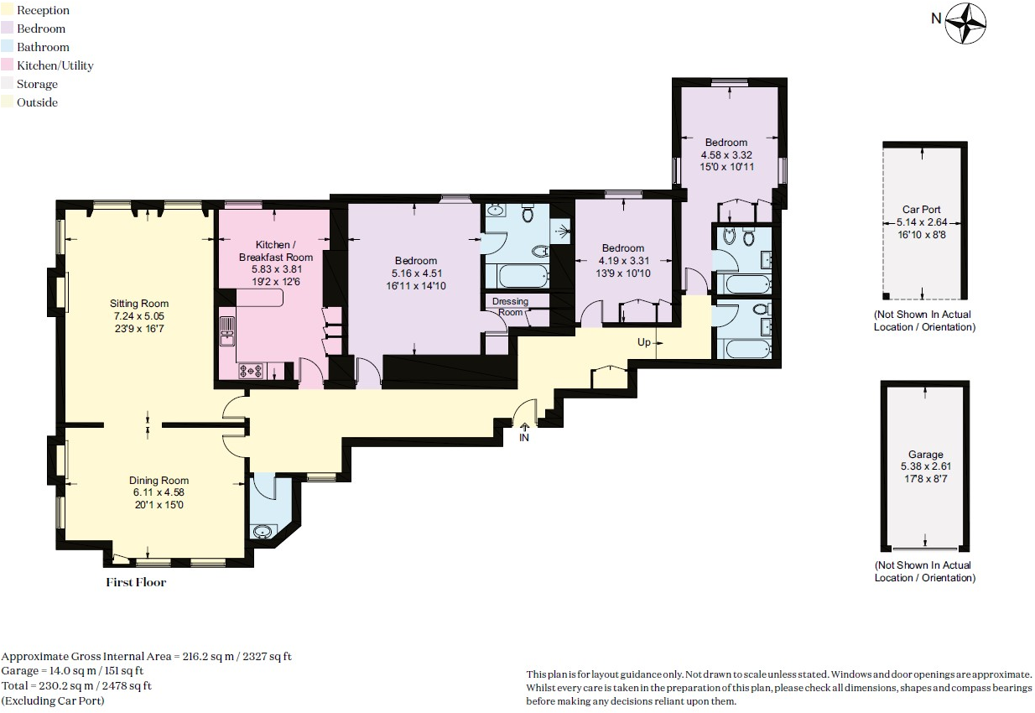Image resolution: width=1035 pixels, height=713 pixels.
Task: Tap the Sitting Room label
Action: (139, 304)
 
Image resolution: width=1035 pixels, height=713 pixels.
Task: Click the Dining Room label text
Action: (159, 481)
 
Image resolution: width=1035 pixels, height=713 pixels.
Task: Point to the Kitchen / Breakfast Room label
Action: (276, 251)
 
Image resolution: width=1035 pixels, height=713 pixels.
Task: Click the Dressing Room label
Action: (510, 306)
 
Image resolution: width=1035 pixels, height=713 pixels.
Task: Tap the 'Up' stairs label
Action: (644, 343)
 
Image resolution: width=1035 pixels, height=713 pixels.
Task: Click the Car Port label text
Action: (923, 211)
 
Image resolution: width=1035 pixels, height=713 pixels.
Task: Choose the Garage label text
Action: (925, 455)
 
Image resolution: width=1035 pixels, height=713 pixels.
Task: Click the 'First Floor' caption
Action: (136, 582)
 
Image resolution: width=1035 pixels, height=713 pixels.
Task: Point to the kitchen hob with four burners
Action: (252, 370)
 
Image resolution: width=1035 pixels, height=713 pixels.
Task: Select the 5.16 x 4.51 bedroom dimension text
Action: (416, 273)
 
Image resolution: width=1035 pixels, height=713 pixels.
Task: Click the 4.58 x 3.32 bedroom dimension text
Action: (726, 154)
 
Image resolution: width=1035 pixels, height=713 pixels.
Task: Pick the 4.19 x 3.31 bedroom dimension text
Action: (623, 260)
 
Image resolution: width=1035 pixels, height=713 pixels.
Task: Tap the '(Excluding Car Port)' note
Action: (53, 700)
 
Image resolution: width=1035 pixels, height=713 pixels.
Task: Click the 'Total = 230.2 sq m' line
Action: (76, 685)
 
